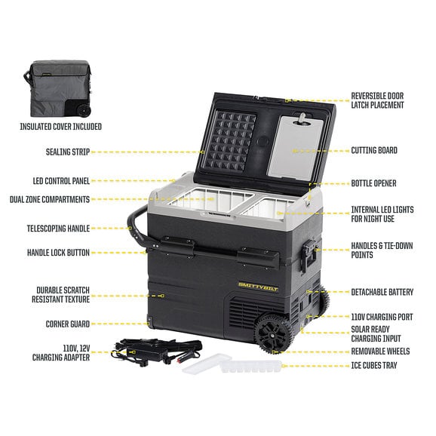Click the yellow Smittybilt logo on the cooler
point(258,287)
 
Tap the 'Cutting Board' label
point(374,150)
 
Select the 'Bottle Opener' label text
point(373,183)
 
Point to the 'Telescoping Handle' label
point(58,229)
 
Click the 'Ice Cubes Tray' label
point(374,365)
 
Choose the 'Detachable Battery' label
point(382,292)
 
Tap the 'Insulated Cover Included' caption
point(60,127)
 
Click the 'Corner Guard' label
point(68,324)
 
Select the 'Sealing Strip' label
point(68,152)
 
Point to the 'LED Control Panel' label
point(61,181)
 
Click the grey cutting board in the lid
point(295,148)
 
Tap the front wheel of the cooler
point(273,333)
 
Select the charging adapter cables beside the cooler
point(155,352)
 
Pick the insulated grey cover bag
point(58,88)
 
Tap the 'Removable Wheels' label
point(380,352)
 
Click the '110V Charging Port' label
point(382,317)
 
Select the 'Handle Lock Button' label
point(58,253)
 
